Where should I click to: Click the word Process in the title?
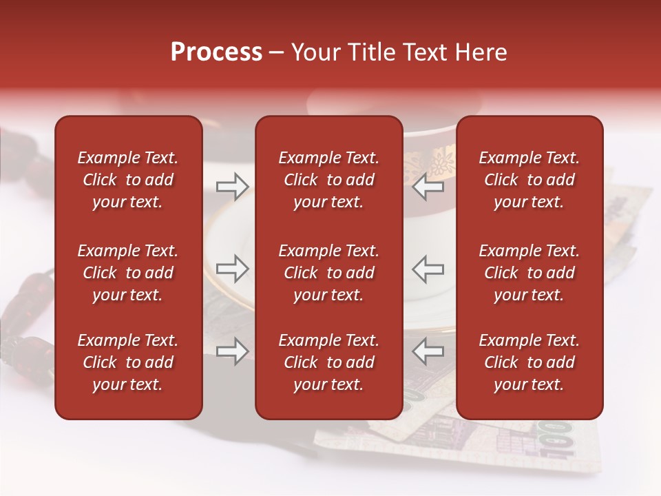pos(216,52)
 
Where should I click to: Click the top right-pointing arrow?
pos(232,187)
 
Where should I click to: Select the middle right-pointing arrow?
pos(232,269)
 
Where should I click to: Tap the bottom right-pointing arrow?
pos(232,352)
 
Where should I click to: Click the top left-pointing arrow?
pos(428,187)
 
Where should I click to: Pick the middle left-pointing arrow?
pos(428,269)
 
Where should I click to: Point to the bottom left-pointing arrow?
pos(428,352)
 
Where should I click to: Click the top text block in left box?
pos(128,180)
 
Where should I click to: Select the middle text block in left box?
pos(128,273)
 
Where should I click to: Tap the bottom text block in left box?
pos(128,362)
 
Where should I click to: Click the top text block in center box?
pos(328,180)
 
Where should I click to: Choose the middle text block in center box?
pos(328,273)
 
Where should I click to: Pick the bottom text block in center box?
pos(328,362)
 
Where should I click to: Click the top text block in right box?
pos(529,180)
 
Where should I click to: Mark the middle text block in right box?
pos(529,273)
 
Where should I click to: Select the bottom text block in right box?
pos(529,362)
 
